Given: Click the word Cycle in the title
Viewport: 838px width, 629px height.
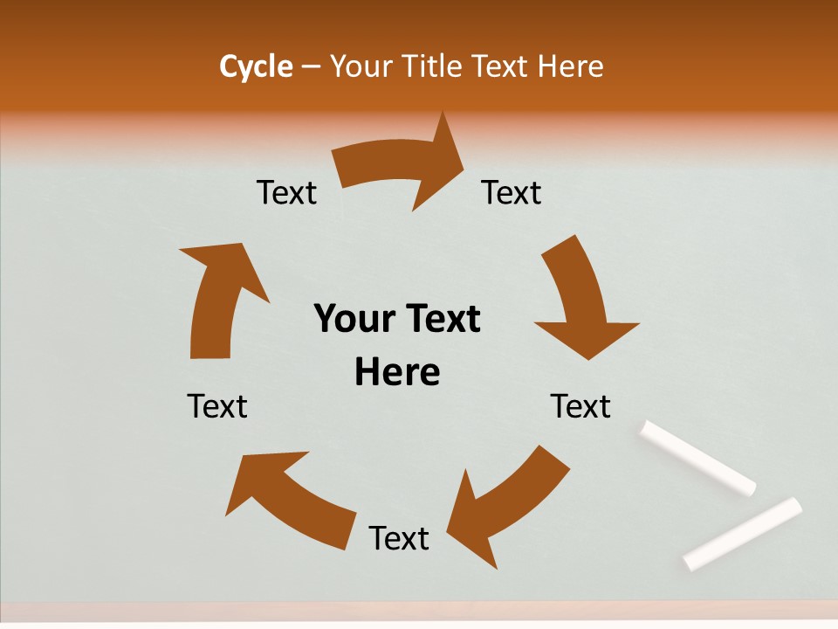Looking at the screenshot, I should tap(256, 66).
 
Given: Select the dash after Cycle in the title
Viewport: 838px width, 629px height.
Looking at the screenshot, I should tap(311, 66).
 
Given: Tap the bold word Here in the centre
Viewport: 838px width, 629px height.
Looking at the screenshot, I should tap(397, 372).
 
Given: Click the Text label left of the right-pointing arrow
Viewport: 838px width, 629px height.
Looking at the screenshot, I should tap(287, 192).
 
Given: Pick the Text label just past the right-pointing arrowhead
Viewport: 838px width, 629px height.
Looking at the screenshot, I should tap(512, 192).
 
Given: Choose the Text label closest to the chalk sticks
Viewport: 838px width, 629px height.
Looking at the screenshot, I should tap(580, 406).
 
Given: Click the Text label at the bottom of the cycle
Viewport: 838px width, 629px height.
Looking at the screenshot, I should tap(399, 538).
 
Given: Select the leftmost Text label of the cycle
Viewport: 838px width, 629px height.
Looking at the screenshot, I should tap(217, 406).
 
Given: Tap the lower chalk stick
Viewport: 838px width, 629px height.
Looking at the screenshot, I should tap(743, 533).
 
